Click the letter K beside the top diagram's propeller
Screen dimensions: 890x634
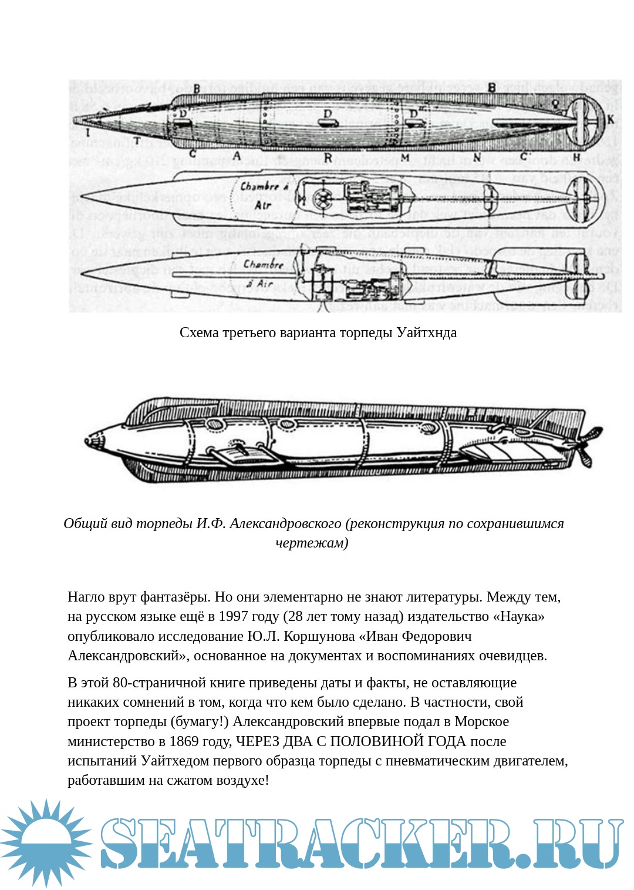click(x=611, y=119)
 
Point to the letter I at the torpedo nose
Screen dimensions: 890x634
click(x=87, y=133)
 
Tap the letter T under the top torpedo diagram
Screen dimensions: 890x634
click(x=137, y=141)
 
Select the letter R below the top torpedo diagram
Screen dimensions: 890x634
click(x=328, y=157)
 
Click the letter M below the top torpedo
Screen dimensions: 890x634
click(x=404, y=157)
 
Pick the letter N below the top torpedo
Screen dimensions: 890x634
click(x=477, y=157)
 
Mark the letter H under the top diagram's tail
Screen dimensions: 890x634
click(x=576, y=157)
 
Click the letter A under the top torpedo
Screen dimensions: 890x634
click(x=237, y=156)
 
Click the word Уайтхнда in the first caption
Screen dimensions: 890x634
click(x=426, y=333)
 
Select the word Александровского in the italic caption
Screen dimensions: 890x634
click(x=285, y=523)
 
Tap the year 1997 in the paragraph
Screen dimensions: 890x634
click(x=234, y=616)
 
